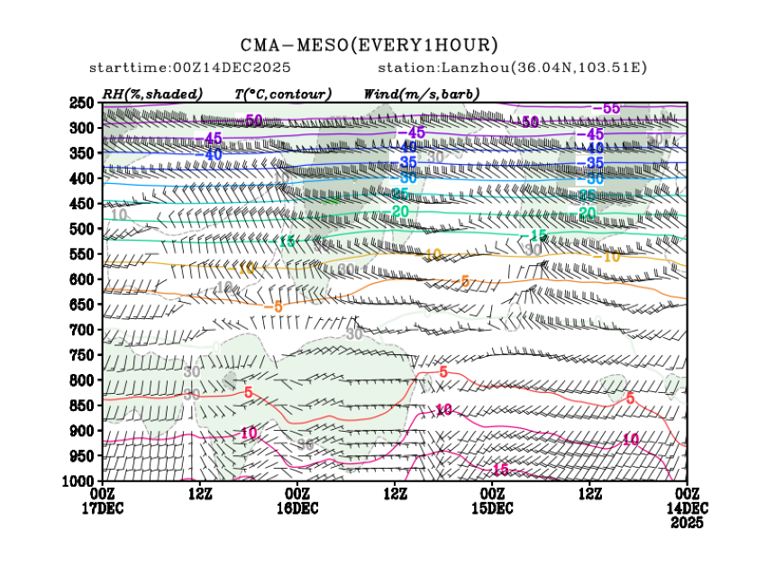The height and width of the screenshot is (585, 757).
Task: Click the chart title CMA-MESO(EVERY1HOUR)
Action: (369, 45)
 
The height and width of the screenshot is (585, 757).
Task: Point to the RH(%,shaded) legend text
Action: (152, 94)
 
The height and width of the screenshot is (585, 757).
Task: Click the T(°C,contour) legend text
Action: (282, 94)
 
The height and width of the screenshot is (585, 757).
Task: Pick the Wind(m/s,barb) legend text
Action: (421, 94)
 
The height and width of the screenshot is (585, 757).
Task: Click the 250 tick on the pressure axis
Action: (83, 103)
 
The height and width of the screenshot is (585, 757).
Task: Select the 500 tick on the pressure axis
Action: (83, 229)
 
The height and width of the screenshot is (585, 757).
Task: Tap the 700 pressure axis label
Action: (83, 330)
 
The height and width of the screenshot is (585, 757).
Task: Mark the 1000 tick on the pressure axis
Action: (79, 481)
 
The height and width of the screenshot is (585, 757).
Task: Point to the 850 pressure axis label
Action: (83, 406)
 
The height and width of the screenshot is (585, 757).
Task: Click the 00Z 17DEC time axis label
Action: (103, 500)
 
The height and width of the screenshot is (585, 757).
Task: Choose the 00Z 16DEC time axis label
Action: (297, 500)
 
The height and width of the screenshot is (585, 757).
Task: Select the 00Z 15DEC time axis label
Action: (492, 500)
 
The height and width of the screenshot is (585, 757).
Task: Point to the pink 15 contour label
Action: (499, 470)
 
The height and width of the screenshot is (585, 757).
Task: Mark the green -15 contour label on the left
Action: (287, 242)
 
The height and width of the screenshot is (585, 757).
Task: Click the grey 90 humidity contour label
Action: (306, 444)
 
